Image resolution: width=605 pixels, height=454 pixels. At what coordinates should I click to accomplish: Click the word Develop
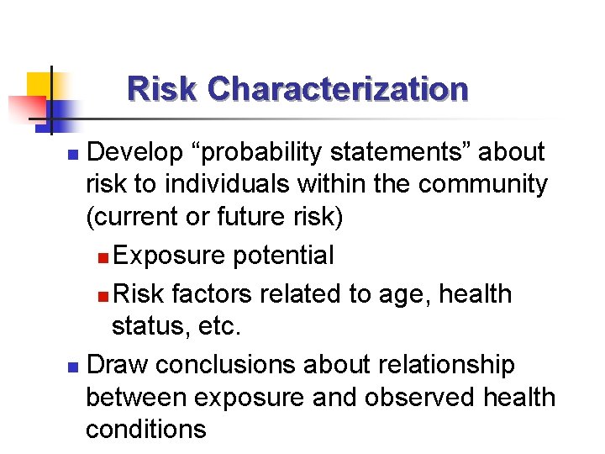134,152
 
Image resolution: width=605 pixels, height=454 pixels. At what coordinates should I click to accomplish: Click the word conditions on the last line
145,429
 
